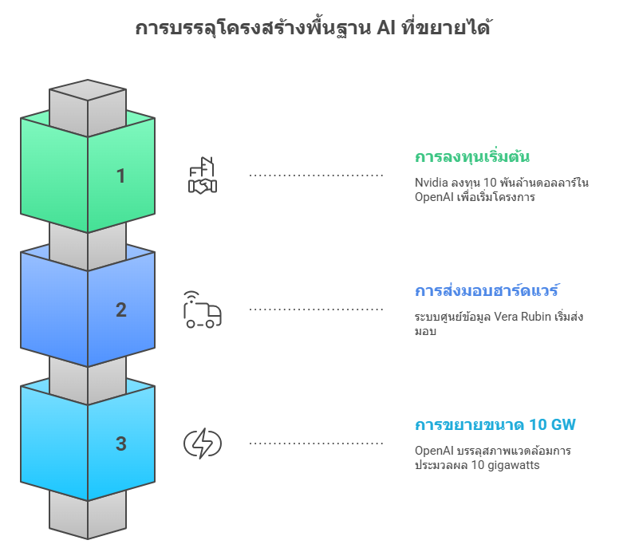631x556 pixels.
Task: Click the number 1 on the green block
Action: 120,175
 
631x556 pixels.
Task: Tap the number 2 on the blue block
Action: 120,310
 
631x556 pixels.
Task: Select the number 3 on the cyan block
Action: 120,444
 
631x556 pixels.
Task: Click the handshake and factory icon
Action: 202,175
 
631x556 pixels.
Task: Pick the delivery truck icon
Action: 202,310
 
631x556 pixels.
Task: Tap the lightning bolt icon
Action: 202,444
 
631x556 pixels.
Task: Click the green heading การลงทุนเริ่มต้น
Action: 472,156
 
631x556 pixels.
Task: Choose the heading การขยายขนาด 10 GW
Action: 495,424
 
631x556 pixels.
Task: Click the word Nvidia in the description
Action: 431,183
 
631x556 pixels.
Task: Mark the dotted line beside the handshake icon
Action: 317,175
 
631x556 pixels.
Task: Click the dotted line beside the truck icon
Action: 317,309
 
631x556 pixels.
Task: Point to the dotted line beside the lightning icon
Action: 317,443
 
